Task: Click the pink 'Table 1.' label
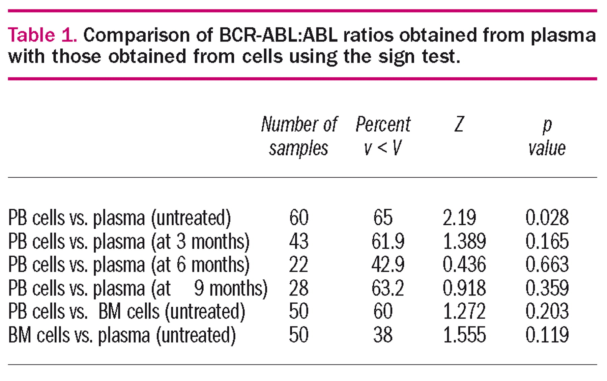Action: [42, 35]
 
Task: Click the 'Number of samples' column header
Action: [299, 136]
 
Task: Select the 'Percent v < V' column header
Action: [383, 136]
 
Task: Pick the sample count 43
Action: [299, 241]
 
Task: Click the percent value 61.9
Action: [388, 241]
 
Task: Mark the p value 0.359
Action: [547, 288]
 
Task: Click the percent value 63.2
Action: [388, 288]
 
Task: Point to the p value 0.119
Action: [547, 335]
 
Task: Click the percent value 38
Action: [383, 335]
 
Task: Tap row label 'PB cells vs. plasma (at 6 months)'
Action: [129, 265]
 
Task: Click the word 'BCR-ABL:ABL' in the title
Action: [278, 35]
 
